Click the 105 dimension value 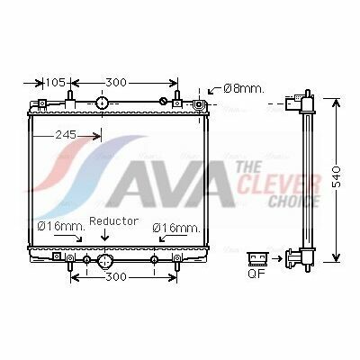55,82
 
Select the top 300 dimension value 116,82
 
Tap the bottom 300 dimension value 116,276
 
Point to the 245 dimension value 66,135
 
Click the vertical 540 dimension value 337,176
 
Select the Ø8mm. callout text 244,88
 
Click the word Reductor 114,221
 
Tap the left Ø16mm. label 61,226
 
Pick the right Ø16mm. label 176,228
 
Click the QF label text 256,274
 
